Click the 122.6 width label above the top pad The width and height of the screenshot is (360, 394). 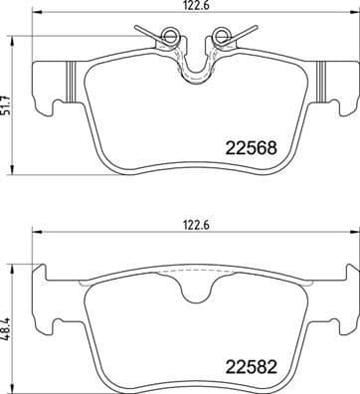[195, 6]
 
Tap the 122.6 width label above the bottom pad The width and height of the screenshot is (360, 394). [195, 226]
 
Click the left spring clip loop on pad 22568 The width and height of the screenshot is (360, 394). [171, 40]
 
